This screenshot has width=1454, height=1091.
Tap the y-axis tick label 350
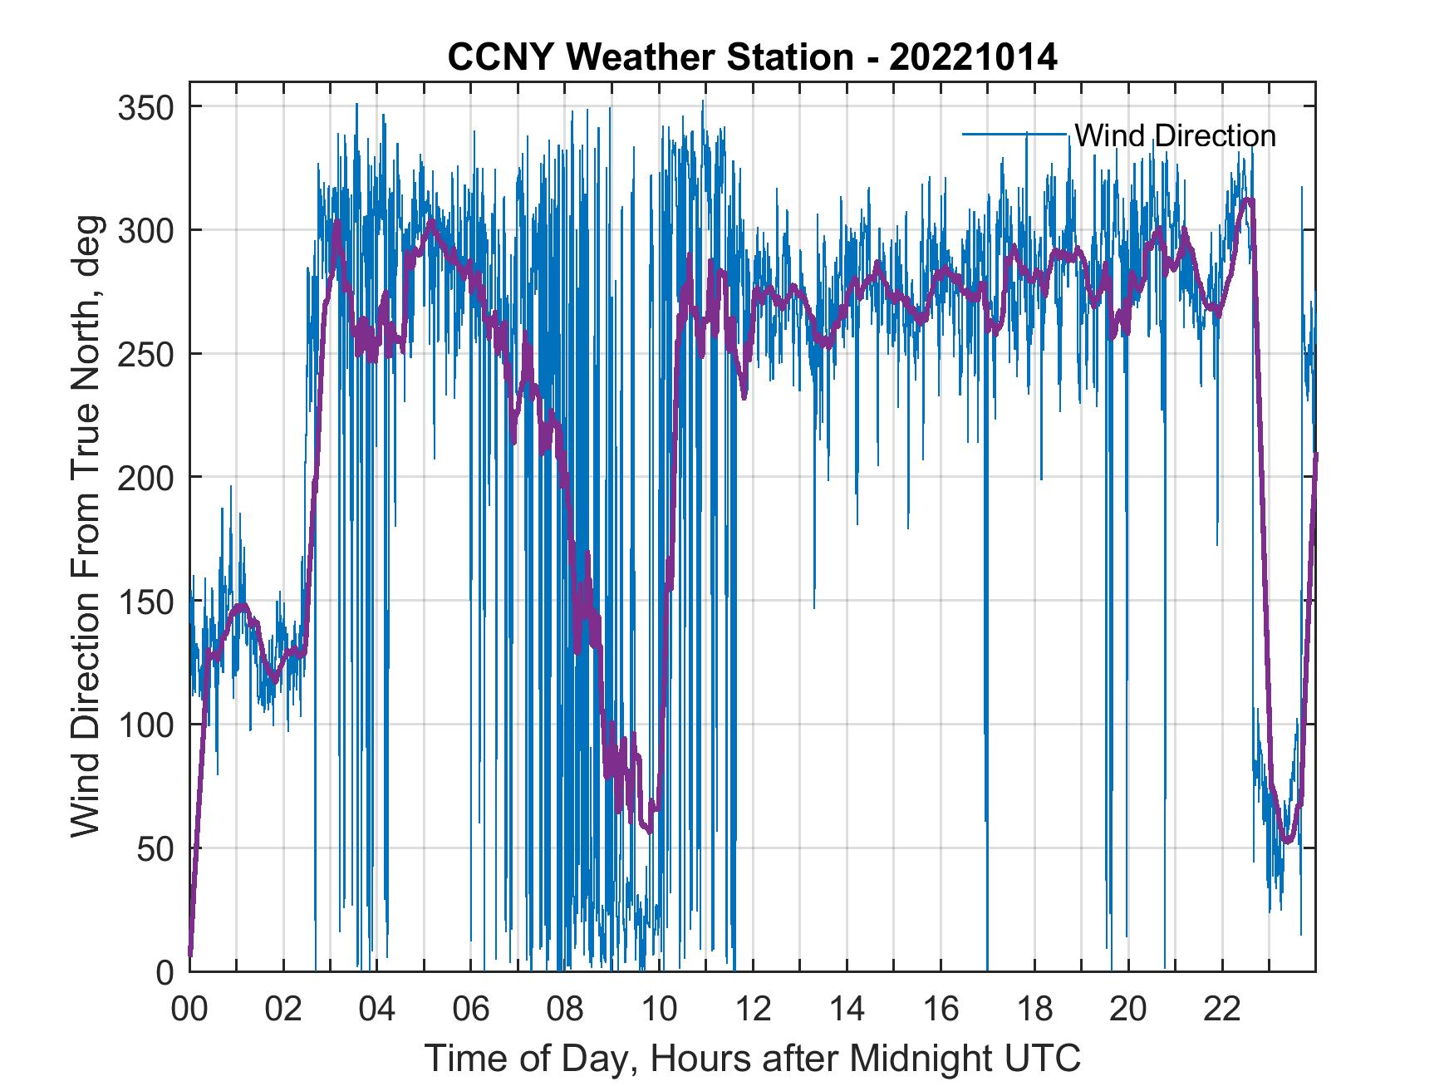coord(145,107)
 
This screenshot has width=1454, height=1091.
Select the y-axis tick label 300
coord(145,230)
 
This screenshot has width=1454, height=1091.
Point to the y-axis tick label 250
coord(145,354)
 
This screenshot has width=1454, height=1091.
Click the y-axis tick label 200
coord(145,477)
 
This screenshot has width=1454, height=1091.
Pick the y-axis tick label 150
coord(145,601)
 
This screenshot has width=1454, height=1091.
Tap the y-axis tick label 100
coord(145,724)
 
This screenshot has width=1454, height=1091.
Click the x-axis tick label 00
coord(189,1010)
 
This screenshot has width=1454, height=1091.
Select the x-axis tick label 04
coord(377,1010)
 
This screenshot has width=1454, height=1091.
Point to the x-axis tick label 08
coord(565,1010)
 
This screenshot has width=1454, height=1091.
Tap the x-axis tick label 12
coord(753,1010)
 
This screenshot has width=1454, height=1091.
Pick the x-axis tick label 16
coord(941,1010)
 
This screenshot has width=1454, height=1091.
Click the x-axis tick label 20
coord(1128,1010)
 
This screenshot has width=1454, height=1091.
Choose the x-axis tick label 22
coord(1222,1010)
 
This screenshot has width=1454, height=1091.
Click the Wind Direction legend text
coord(1175,135)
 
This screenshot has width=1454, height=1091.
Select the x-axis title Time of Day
coord(753,1059)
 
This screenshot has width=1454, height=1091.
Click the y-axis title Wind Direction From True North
coord(86,526)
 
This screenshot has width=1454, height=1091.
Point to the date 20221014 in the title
coord(973,58)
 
